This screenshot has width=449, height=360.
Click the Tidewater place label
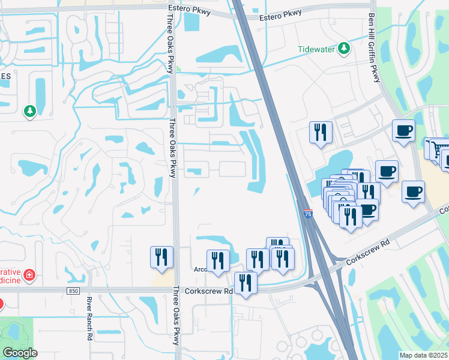pyautogui.click(x=316, y=49)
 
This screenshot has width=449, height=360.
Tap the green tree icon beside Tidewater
pyautogui.click(x=344, y=48)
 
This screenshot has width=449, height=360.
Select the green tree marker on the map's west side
pyautogui.click(x=29, y=111)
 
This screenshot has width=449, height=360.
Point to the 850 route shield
pyautogui.click(x=73, y=290)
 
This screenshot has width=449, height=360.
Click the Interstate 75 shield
pyautogui.click(x=308, y=214)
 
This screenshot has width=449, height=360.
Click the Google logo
pyautogui.click(x=20, y=353)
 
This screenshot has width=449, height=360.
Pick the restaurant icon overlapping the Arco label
pyautogui.click(x=218, y=260)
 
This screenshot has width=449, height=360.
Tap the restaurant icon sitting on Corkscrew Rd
pyautogui.click(x=245, y=283)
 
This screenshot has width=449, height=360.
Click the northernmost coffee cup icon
pyautogui.click(x=403, y=130)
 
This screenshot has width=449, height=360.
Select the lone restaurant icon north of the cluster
pyautogui.click(x=321, y=131)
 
